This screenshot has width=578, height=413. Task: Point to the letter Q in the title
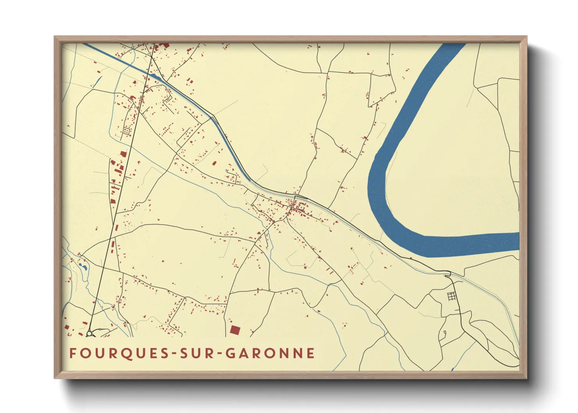pos(117,353)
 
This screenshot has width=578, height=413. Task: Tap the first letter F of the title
pos(73,353)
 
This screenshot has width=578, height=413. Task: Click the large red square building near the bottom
pos(235,330)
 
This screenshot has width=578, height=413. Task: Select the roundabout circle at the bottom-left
pos(89,334)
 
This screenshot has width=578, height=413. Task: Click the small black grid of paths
pos(451,296)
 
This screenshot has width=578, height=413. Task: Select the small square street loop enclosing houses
pos(126,131)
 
